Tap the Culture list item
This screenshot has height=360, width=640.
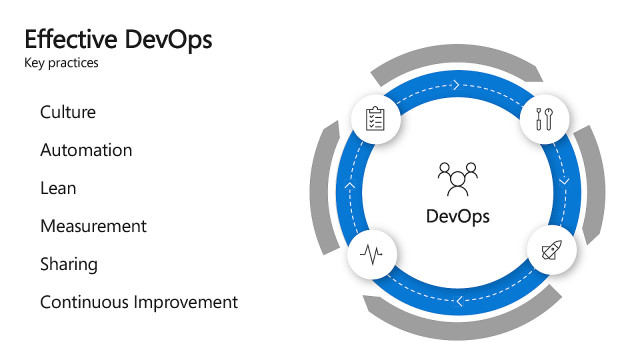(x=68, y=112)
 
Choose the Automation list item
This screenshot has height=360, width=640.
(x=86, y=150)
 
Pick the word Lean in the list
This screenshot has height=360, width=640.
(x=58, y=188)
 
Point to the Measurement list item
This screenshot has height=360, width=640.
(x=93, y=226)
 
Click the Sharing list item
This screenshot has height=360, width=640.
(x=69, y=264)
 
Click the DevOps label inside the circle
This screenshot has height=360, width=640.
(x=458, y=216)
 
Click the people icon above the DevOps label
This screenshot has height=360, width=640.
(x=458, y=177)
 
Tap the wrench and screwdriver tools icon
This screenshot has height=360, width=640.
(x=546, y=119)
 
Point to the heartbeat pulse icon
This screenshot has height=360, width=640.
(x=372, y=254)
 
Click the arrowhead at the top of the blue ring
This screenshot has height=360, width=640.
(x=456, y=85)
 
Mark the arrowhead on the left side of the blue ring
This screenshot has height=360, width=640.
(x=349, y=186)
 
